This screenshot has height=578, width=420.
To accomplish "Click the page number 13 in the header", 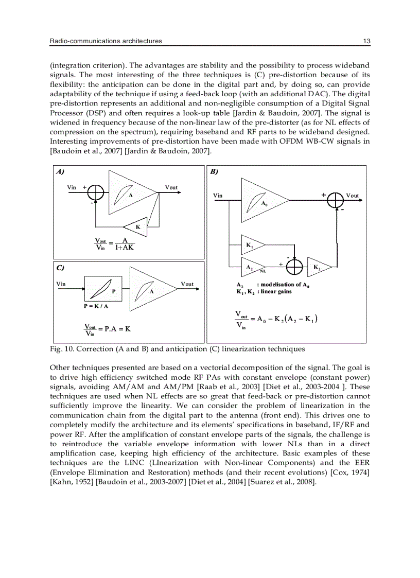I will [x=366, y=41].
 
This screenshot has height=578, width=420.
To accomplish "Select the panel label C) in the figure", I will [x=60, y=268].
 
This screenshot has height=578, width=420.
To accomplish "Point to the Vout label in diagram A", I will [x=171, y=187].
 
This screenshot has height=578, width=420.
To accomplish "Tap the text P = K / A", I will [x=96, y=306].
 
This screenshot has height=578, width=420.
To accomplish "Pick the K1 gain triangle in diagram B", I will [x=253, y=246].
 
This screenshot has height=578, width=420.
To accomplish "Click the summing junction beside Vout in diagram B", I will [x=336, y=200].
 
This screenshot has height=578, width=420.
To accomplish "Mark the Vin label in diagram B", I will [x=218, y=196].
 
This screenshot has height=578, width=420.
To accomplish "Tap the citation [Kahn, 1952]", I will [x=69, y=482].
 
